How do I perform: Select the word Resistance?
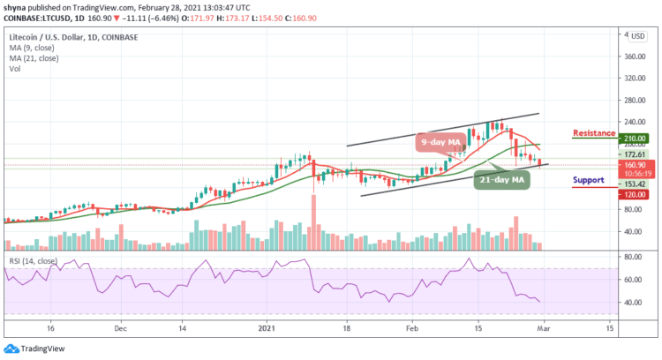tap(593, 133)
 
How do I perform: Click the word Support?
tap(587, 179)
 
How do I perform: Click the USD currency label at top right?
tap(637, 35)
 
